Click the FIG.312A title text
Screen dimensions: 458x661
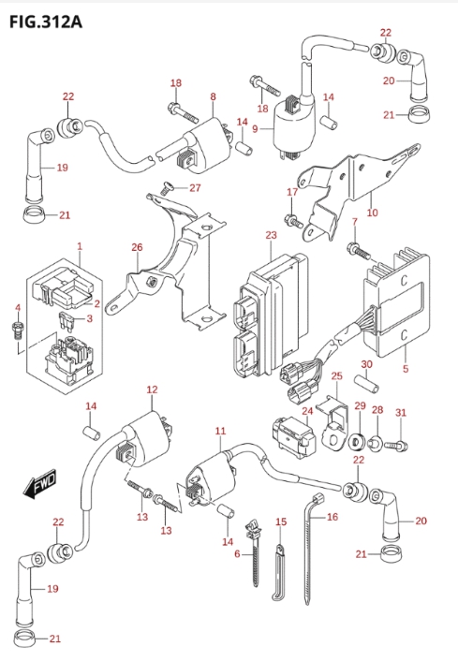click(46, 22)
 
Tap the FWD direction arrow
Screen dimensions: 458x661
click(39, 483)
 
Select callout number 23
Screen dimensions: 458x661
click(271, 235)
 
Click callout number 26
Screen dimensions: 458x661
click(137, 247)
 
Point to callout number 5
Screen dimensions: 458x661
click(406, 369)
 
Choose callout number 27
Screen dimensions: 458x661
click(195, 187)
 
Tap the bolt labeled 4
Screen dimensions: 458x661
click(18, 330)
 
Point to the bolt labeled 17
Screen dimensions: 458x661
click(293, 220)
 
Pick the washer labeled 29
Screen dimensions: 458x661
click(358, 441)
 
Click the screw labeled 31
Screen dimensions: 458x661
click(396, 445)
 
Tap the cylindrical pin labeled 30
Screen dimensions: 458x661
click(366, 384)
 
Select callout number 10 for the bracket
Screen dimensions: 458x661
click(372, 212)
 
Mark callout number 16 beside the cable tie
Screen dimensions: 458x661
click(332, 517)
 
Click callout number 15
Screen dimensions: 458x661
click(281, 521)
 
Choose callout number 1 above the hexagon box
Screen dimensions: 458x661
click(80, 246)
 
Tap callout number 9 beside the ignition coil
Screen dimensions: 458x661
click(255, 128)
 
